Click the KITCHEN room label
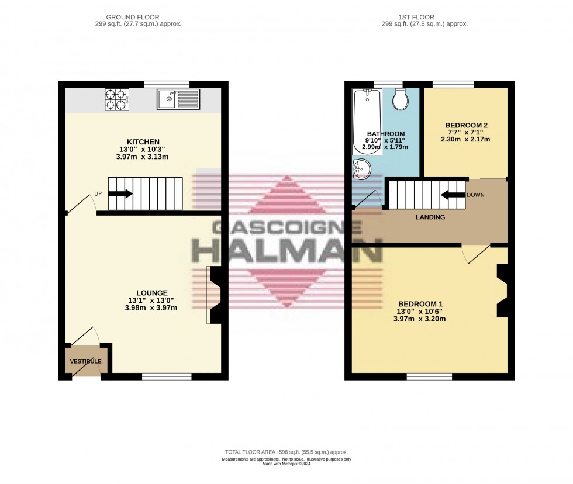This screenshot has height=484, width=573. point(143,142)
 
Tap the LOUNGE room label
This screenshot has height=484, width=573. point(152,293)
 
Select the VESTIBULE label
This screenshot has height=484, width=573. point(86,361)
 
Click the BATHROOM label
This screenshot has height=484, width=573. point(385,134)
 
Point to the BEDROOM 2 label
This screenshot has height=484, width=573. point(466,125)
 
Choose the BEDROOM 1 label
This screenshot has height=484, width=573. point(420,304)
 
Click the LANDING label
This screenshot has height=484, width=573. point(430,217)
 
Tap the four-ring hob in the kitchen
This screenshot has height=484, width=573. point(116,99)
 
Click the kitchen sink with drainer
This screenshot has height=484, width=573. point(178,99)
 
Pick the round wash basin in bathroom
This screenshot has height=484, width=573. point(362,170)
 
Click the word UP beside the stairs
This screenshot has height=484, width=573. point(98,195)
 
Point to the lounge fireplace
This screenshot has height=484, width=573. point(215,295)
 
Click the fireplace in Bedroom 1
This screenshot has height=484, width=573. point(500,291)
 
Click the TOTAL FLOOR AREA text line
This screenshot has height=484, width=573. point(286,452)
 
